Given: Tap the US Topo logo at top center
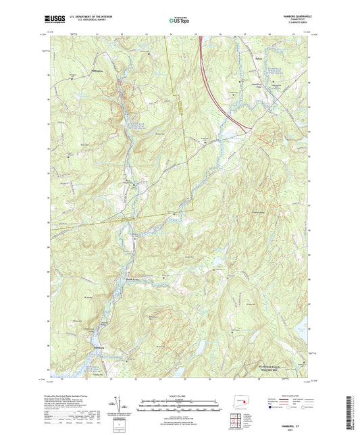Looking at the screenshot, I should tap(178, 21).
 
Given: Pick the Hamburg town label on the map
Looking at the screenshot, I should tap(97, 349).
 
